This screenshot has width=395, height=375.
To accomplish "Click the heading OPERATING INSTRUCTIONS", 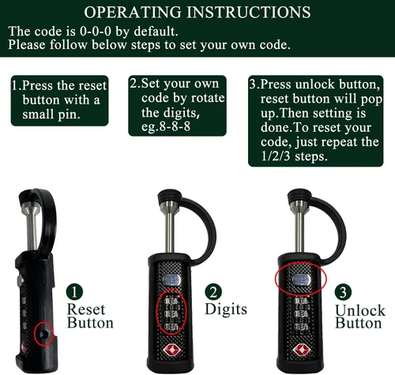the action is coord(197,12).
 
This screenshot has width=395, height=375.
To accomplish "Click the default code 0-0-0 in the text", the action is coord(96,32).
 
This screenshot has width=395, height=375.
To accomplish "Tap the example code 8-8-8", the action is coord(175,126).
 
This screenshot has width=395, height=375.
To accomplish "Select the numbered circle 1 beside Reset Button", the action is coord(74,292).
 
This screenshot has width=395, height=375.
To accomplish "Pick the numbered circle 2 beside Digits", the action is coord(213,292).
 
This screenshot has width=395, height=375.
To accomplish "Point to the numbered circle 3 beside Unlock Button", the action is coord(343,293).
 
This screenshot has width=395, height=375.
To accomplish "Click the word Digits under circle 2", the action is coord(226,309).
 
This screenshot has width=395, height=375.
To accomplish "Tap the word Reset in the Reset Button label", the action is coord(86,309).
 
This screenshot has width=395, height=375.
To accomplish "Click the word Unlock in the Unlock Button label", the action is coord(360,310).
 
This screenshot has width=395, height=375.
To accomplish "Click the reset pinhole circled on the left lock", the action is coord(43,335).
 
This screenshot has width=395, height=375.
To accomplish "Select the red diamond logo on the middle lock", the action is coord(171,351).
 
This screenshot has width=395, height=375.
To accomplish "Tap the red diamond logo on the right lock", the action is coord(301,351).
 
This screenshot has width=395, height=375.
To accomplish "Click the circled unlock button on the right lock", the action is coord(302,279).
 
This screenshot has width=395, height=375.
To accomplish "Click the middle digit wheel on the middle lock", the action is coord(171,314).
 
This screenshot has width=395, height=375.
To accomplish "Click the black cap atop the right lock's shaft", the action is coord(299,195).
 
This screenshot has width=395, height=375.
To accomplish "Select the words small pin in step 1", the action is coord(51,114).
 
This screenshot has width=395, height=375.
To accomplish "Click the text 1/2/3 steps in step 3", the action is coord(294,156).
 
